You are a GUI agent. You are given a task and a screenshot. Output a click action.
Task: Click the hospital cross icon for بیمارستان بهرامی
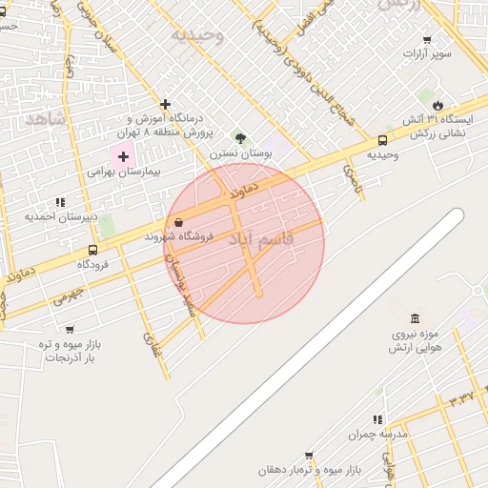pos(123,155)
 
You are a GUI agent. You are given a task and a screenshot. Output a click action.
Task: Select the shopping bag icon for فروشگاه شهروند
pos(178,223)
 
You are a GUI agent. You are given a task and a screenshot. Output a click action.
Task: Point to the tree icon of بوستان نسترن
pos(240,138)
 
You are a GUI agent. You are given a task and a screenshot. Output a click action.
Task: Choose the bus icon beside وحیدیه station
pos(383,140)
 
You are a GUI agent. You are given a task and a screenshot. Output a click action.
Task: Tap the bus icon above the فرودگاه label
pos(92,251)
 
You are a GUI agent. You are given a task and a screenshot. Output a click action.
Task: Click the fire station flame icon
pos(437,105)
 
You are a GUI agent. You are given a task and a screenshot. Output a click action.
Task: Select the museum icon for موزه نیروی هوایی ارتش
pos(415,318)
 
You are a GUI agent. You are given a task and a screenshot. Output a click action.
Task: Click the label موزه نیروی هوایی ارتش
pos(415,341)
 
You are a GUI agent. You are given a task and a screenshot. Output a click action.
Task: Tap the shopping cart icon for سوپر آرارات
pos(426,40)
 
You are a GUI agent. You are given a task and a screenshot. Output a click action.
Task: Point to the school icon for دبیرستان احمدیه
pos(61,202)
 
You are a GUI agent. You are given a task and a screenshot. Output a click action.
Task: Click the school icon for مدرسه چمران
pos(377,419)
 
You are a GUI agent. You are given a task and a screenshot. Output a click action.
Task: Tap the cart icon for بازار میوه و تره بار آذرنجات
pos(70,329)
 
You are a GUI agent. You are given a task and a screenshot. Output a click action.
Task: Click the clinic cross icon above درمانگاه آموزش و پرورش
pos(166,104)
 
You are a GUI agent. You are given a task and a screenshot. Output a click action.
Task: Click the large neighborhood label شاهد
pos(45,118)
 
